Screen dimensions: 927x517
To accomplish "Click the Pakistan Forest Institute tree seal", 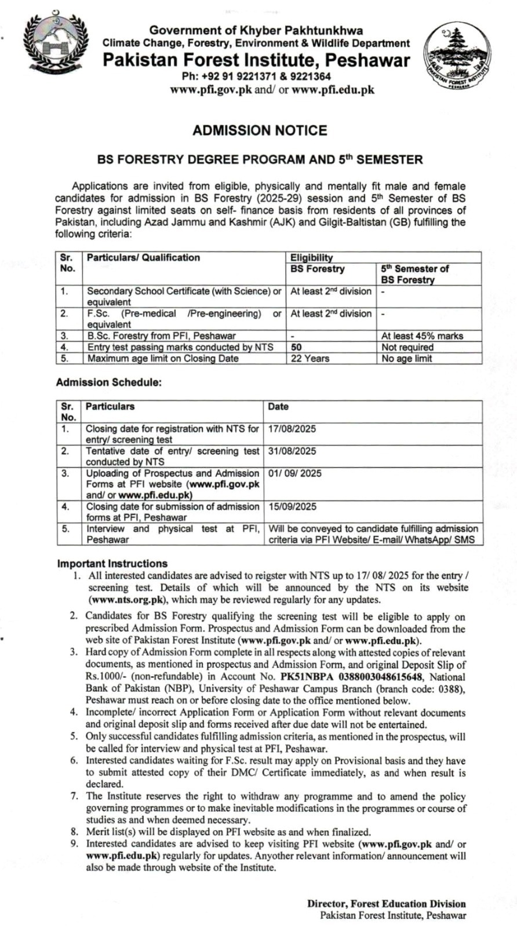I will [457, 59].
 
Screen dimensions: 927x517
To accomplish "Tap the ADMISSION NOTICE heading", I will [260, 130].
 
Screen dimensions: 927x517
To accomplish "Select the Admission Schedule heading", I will [108, 382].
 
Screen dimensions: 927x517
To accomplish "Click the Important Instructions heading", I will [112, 563].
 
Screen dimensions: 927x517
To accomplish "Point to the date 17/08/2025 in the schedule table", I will [292, 429].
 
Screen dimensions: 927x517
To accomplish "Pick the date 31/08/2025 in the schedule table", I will [292, 451].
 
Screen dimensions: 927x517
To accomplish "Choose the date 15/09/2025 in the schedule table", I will [292, 506].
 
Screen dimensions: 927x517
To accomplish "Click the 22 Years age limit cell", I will [310, 358].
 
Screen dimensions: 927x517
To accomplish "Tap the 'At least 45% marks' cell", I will [414, 335].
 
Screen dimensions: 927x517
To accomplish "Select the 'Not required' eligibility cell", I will [407, 347].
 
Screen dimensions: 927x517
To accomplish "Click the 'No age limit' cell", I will [406, 358].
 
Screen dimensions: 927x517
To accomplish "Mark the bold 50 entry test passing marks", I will [296, 347].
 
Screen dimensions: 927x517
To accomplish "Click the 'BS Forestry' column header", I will [317, 269].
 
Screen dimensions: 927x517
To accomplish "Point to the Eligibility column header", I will [312, 257].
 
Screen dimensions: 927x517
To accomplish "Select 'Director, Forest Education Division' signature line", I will [386, 903].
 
